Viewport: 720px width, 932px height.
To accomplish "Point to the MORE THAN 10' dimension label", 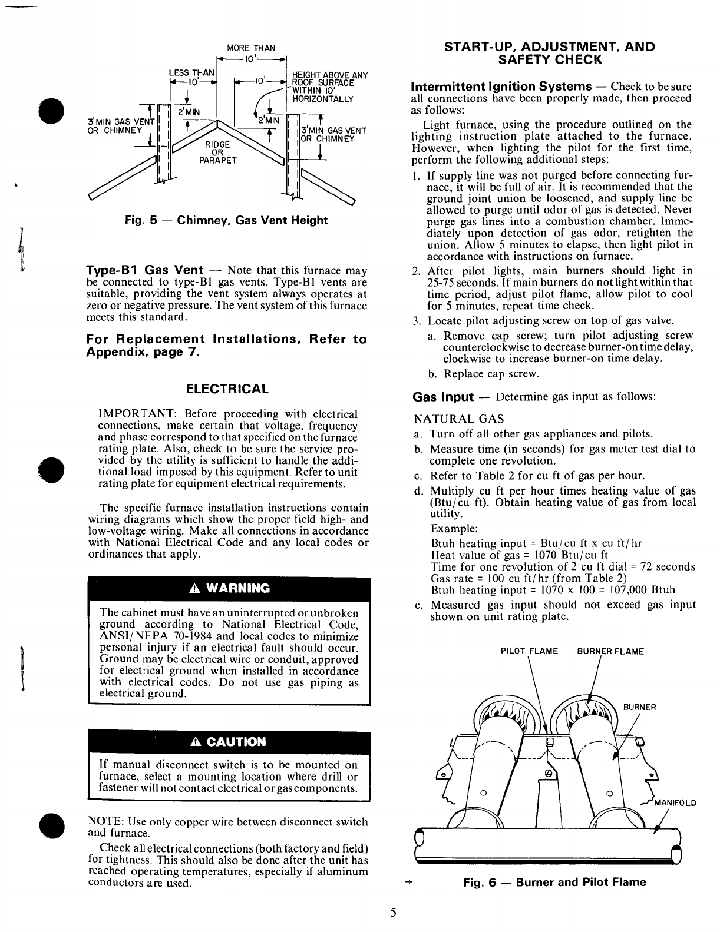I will [252, 48].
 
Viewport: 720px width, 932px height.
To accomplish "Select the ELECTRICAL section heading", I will [227, 389].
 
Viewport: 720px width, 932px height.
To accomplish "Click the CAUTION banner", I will [229, 741].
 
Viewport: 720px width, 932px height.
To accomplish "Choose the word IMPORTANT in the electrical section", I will [124, 414].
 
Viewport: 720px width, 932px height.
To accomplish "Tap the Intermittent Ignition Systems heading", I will [501, 87].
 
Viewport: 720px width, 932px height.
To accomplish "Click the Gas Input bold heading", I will [443, 397].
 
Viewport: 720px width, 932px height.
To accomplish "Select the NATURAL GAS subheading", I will [459, 419].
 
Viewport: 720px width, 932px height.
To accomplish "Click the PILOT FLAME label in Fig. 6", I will [529, 652].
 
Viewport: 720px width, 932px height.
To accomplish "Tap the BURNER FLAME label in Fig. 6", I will [610, 652].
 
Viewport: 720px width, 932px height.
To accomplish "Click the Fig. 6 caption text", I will [554, 883].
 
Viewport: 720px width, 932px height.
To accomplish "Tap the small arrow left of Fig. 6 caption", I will [407, 883].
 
